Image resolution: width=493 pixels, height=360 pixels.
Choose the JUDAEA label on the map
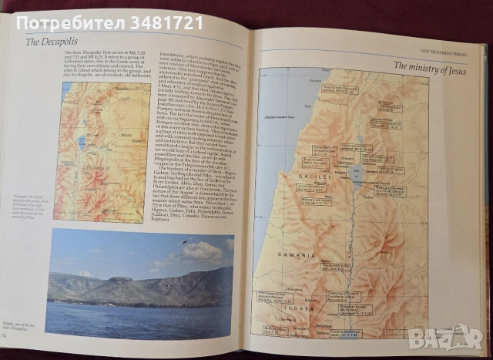tap(320, 306)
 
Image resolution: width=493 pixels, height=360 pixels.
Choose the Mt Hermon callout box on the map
tap(384, 104)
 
